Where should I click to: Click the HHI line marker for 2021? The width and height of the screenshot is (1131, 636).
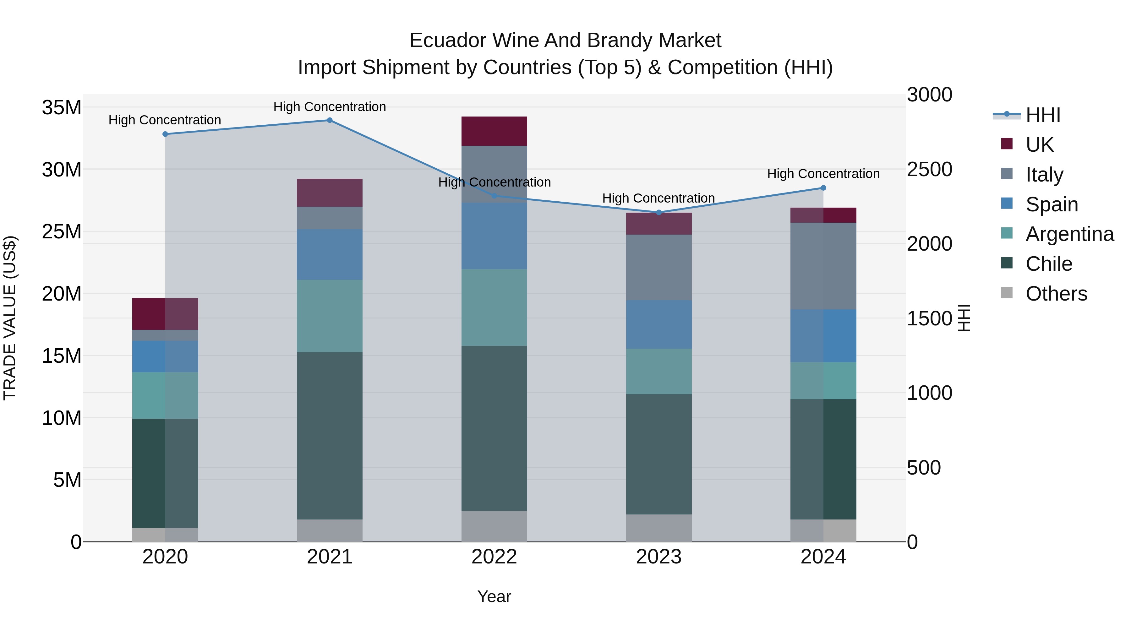coord(330,120)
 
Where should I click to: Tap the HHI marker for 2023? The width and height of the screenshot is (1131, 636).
coord(658,212)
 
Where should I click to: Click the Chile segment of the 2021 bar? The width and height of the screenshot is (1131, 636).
coord(330,435)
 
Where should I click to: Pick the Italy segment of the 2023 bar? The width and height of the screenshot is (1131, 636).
coord(658,267)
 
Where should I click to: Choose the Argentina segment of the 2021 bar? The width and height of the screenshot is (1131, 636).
coord(330,316)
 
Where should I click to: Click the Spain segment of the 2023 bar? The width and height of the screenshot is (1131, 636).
coord(658,324)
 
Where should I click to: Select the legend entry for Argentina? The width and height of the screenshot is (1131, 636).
coord(1069,234)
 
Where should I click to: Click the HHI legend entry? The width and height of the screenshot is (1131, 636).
coord(1043,115)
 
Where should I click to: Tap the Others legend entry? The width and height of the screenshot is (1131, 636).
coord(1056,294)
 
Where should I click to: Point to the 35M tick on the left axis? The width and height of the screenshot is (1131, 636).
coord(62,107)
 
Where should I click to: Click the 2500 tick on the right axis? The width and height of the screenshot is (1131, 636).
coord(930,169)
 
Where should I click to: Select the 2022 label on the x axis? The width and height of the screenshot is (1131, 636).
coord(494,557)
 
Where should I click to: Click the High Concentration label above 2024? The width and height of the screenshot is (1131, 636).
coord(823,174)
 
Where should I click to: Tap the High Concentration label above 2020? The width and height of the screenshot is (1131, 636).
coord(165,120)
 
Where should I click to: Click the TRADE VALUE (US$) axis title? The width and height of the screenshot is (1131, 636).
coord(10,318)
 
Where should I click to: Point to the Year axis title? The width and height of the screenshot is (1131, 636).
coord(494,596)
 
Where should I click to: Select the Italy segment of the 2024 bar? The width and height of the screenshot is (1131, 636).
coord(823,266)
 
